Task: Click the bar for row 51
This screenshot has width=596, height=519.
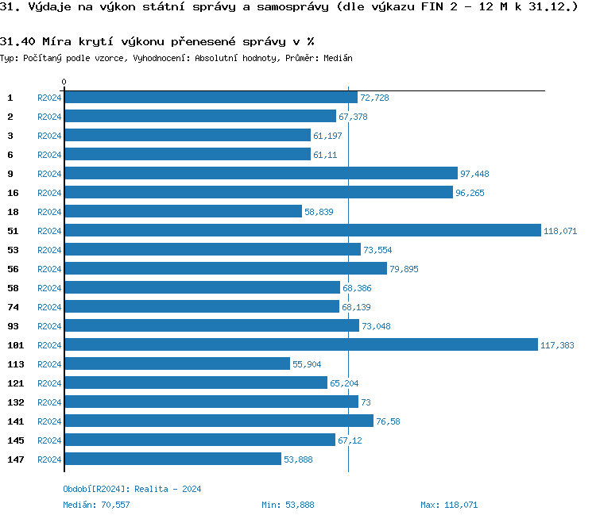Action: coord(302,231)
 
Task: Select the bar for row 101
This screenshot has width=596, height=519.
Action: coord(301,345)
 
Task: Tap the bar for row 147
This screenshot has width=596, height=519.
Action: coord(172,459)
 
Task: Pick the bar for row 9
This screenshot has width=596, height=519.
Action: coord(261,174)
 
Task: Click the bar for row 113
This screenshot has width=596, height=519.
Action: coord(177,364)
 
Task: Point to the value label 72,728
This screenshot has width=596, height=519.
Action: coord(374,98)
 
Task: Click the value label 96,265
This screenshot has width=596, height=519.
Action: coord(470,193)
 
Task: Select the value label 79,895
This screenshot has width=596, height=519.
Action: coord(404,269)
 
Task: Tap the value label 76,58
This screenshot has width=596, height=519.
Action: coord(388,421)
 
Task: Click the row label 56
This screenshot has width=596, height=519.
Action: coord(13,269)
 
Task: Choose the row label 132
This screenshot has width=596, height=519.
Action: coord(15,402)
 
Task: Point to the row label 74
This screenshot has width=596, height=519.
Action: coord(13,307)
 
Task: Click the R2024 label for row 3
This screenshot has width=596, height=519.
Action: coord(49,136)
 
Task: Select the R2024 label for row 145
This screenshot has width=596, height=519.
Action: coord(49,440)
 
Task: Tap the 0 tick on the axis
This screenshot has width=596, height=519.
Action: coord(64,83)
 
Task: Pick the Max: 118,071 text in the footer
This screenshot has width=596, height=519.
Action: coord(449,505)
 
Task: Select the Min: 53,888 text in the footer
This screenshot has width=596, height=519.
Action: coord(288,505)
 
